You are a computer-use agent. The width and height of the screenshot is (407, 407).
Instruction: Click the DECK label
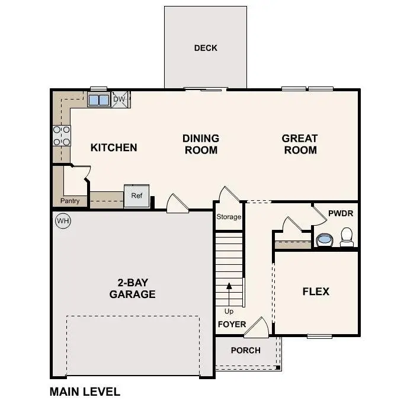point(206,48)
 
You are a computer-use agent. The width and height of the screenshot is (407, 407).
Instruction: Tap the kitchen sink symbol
point(98,100)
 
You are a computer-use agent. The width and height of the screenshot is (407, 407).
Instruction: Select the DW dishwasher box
point(120,100)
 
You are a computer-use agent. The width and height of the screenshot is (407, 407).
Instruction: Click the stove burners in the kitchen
point(62,136)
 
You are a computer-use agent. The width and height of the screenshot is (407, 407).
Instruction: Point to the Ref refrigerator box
point(136,196)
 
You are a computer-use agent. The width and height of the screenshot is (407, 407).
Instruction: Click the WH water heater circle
point(62,221)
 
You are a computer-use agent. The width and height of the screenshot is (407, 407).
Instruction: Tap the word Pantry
point(70,201)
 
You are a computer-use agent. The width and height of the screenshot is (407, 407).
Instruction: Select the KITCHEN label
point(114,148)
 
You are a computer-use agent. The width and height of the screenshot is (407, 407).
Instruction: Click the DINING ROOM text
point(201,144)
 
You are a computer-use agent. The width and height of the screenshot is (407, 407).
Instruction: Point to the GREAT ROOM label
point(300,144)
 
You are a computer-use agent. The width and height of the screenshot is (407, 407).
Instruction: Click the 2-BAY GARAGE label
point(132,289)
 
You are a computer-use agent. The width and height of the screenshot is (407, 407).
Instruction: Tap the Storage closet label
point(229,217)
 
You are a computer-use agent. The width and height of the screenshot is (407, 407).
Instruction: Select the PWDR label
point(339,211)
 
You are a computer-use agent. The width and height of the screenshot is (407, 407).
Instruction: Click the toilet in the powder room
point(347,237)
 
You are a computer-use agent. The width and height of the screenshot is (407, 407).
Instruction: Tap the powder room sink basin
point(324,240)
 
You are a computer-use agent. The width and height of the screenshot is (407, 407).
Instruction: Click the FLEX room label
point(316,291)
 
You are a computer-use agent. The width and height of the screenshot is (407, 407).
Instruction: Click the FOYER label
point(232,325)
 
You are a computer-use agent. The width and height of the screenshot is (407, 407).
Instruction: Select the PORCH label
point(245,350)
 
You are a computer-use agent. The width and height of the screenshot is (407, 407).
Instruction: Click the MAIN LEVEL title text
point(85,392)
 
